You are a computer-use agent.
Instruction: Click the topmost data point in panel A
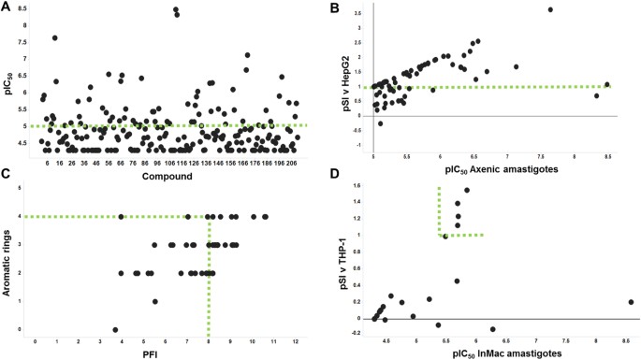175,9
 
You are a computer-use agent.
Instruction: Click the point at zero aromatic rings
115,329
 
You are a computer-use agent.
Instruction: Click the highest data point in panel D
466,191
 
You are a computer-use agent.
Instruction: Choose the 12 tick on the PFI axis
296,339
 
